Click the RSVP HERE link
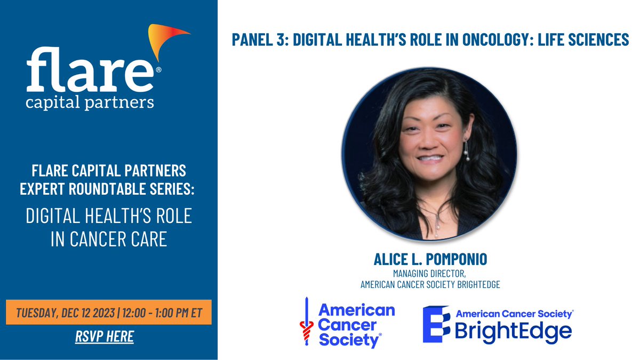pyautogui.click(x=105, y=337)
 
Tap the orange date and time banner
pyautogui.click(x=109, y=312)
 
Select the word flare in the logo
pyautogui.click(x=90, y=69)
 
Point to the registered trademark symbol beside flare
pyautogui.click(x=158, y=69)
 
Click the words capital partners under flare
pyautogui.click(x=90, y=102)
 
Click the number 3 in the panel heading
pyautogui.click(x=281, y=39)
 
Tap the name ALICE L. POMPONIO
pyautogui.click(x=430, y=259)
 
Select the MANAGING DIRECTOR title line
pyautogui.click(x=429, y=274)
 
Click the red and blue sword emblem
pyautogui.click(x=306, y=322)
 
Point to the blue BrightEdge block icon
pyautogui.click(x=436, y=324)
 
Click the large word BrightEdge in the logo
pyautogui.click(x=513, y=331)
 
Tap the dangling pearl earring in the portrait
pyautogui.click(x=467, y=149)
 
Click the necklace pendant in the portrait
pyautogui.click(x=437, y=226)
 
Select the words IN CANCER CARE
pyautogui.click(x=109, y=239)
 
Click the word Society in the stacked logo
pyautogui.click(x=349, y=340)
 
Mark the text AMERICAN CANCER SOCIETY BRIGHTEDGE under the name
pyautogui.click(x=430, y=285)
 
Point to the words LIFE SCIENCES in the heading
pyautogui.click(x=583, y=39)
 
